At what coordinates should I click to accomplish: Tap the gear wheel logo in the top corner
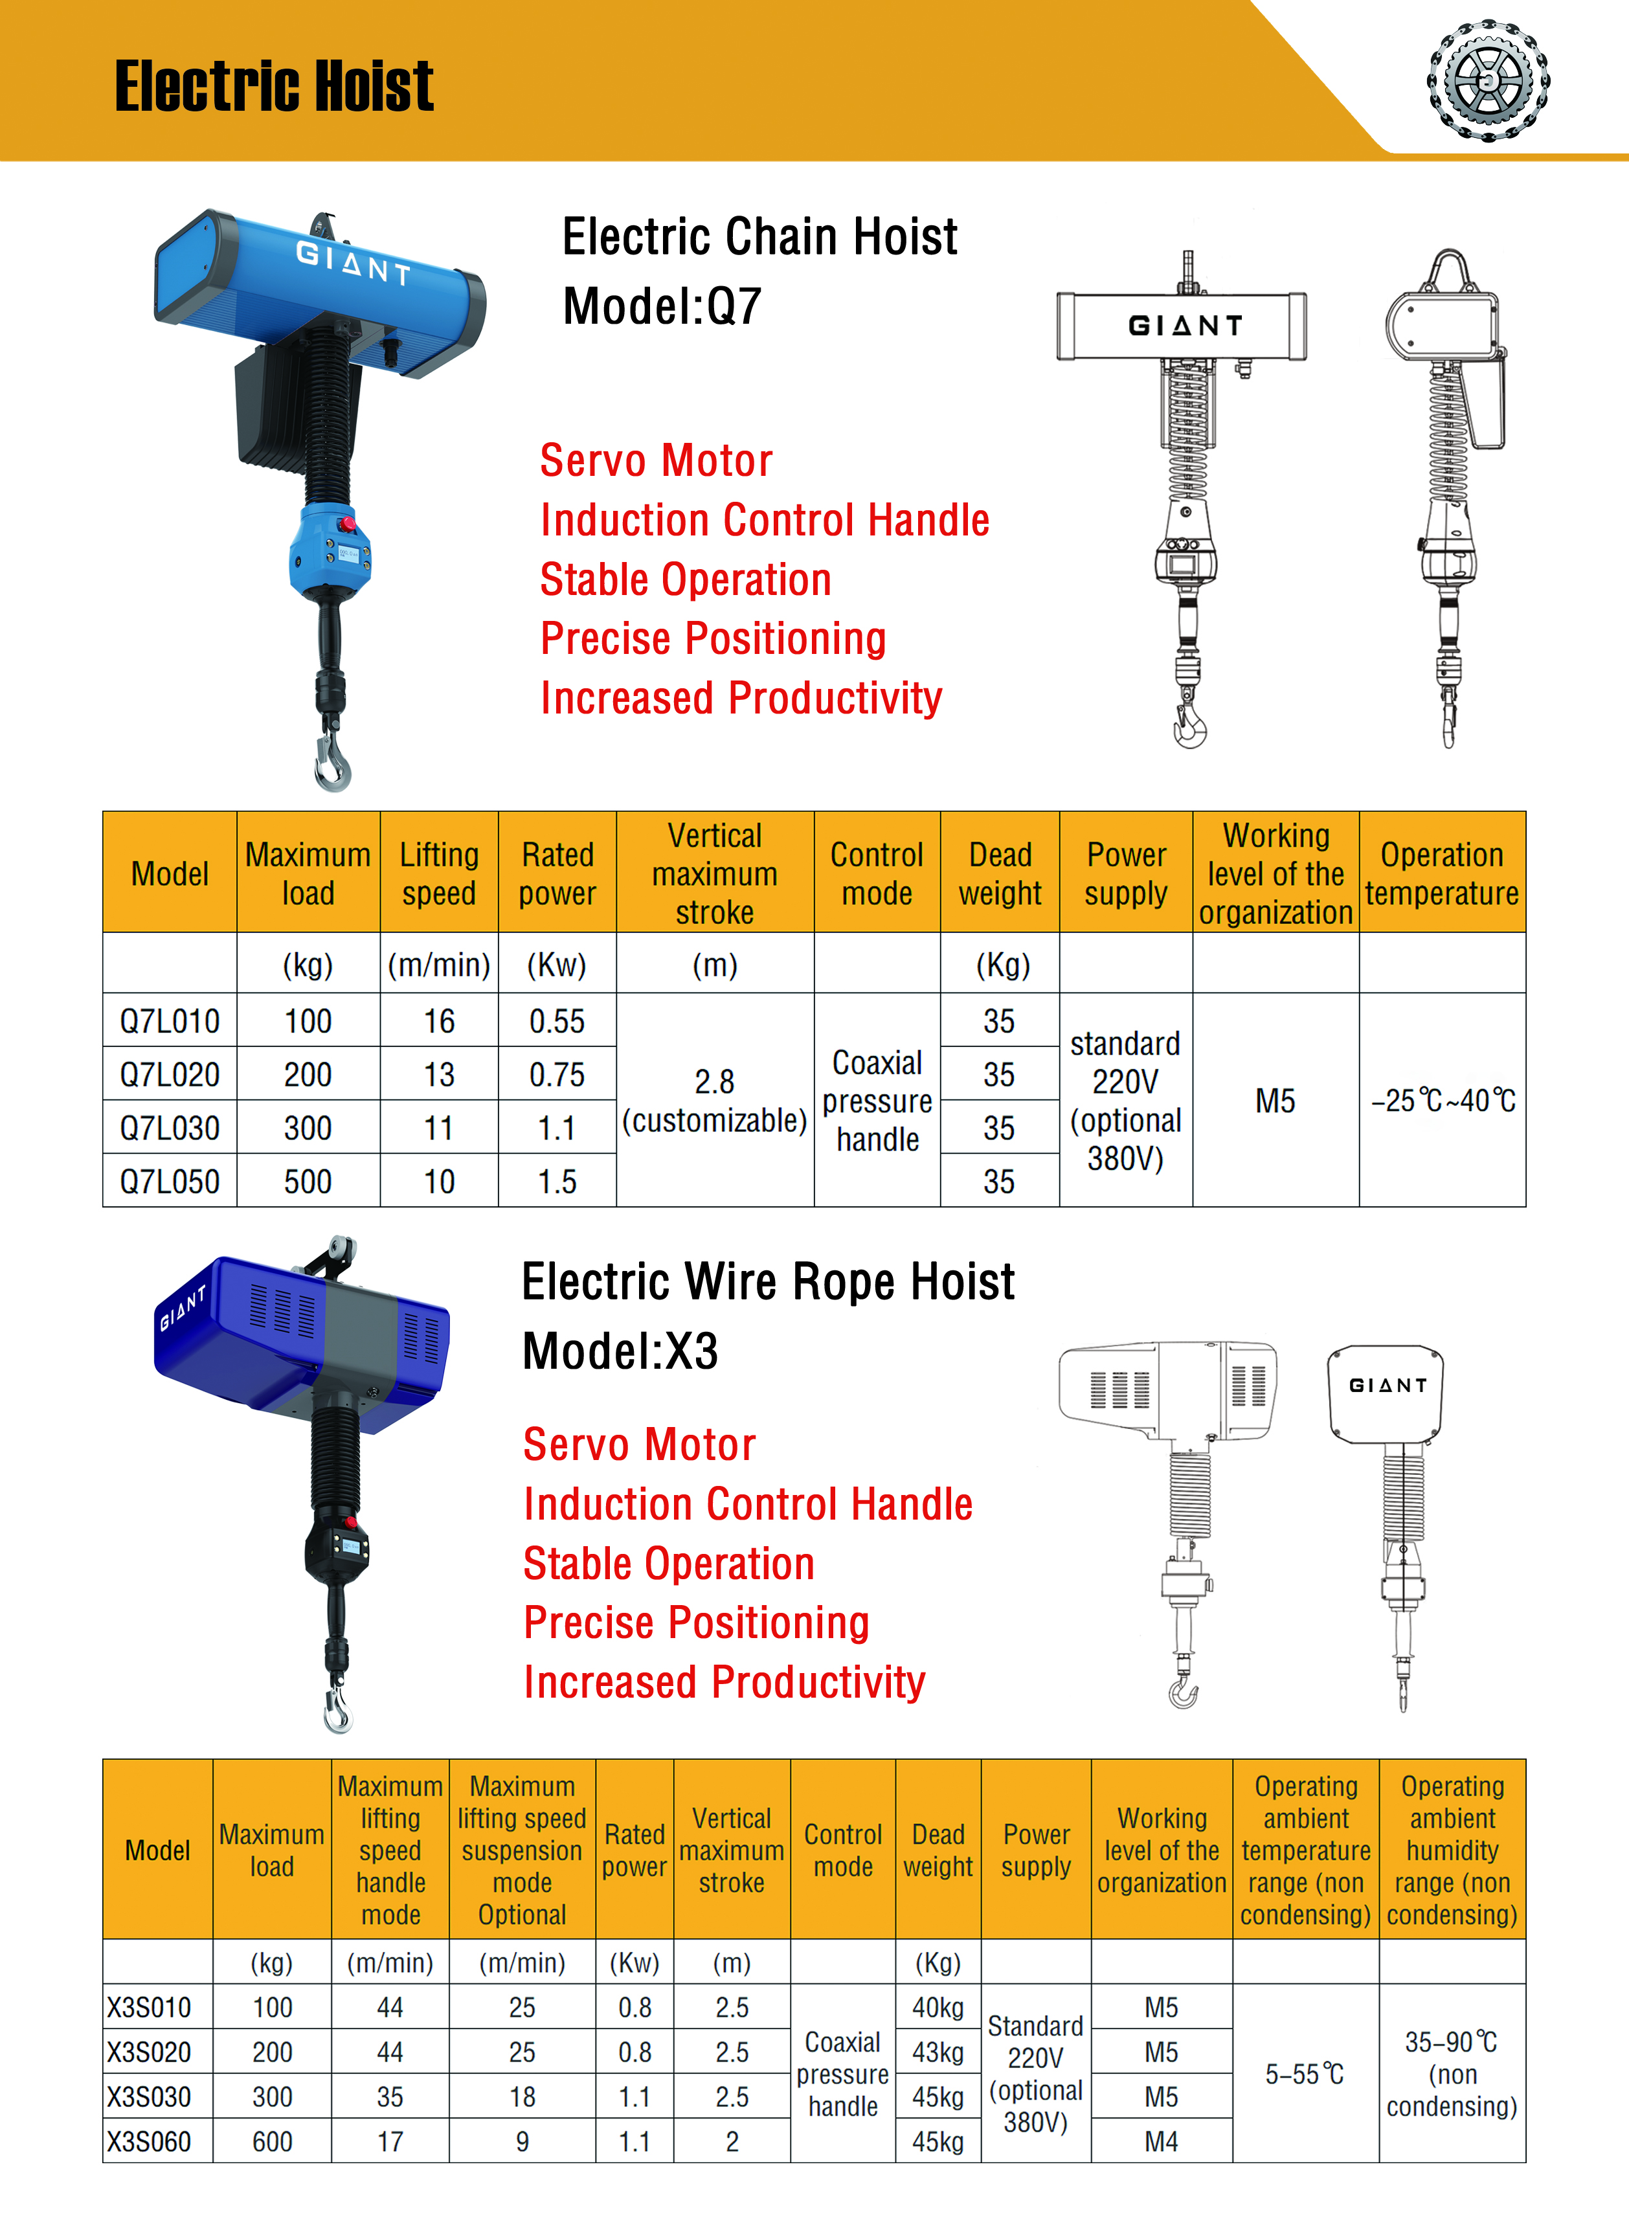click(1488, 79)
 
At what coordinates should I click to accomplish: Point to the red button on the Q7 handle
click(346, 523)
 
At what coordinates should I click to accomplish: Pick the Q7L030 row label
click(170, 1128)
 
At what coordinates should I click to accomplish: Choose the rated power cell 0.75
click(557, 1075)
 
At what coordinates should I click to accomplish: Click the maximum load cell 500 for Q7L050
click(308, 1181)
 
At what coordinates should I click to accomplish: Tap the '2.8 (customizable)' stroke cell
click(715, 1100)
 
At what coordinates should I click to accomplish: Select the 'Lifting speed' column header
click(439, 873)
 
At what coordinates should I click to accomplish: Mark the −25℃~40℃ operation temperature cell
click(1443, 1100)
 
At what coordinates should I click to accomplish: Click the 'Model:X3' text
click(620, 1351)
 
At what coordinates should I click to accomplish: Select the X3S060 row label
click(150, 2141)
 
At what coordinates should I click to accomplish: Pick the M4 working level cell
click(1162, 2141)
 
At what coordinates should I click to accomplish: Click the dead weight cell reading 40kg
click(938, 2007)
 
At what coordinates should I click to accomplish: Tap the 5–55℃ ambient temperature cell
click(1305, 2074)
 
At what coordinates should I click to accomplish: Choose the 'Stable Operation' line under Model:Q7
click(685, 579)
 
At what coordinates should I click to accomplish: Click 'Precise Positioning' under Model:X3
click(696, 1623)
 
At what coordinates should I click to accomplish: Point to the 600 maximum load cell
click(272, 2141)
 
